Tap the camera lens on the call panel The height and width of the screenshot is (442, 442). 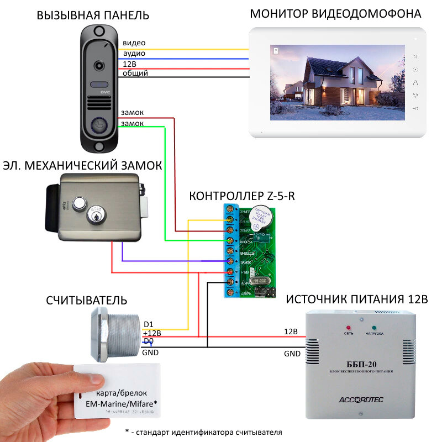(100, 64)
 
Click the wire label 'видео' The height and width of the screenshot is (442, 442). (134, 43)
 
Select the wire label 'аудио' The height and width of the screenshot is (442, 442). (134, 53)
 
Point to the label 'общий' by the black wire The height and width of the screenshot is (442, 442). (135, 73)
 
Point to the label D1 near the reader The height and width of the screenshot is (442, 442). (149, 324)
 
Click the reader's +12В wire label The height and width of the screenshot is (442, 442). (152, 333)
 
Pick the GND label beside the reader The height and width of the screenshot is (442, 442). (150, 352)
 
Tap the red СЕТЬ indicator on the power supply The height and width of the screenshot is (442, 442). (349, 327)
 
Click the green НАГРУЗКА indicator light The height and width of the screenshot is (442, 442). (373, 327)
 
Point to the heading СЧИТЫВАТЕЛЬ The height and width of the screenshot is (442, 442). (87, 301)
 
